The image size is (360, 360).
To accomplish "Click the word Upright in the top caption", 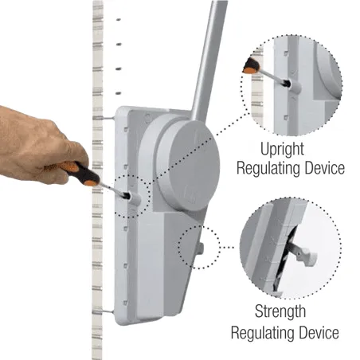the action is tap(282, 150).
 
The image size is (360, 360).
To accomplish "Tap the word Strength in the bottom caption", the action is tap(280, 311).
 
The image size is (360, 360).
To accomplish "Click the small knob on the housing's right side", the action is tap(200, 248).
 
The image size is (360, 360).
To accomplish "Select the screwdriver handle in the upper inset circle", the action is tap(251, 66).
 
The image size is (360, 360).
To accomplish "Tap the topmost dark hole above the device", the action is tap(119, 19).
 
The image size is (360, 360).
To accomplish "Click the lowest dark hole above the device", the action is tap(119, 93).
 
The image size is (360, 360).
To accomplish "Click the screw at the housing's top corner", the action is tap(148, 116).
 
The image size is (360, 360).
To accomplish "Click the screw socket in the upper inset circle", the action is tap(293, 84).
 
